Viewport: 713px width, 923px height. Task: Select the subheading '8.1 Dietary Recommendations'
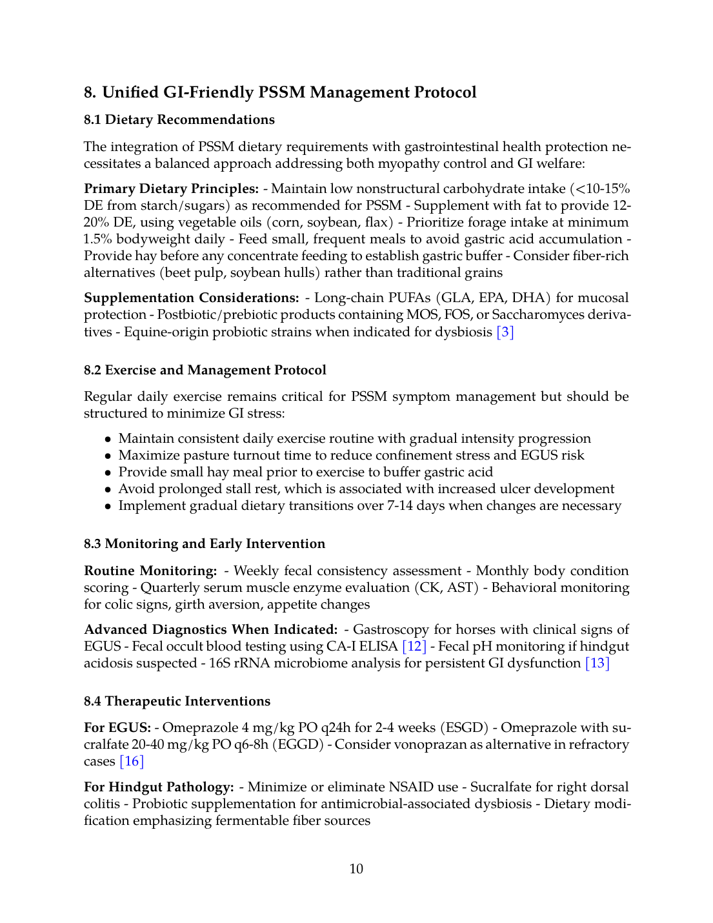[x=179, y=120]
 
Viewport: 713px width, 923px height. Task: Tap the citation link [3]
[x=505, y=332]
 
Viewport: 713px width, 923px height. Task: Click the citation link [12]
[x=414, y=646]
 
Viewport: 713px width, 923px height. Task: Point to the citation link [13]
[x=597, y=663]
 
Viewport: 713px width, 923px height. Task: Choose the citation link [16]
[x=132, y=761]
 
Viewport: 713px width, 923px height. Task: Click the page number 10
[x=356, y=869]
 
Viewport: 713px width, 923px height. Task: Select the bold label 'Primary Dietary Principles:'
[x=171, y=188]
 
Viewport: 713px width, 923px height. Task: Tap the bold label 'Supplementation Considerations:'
[x=191, y=298]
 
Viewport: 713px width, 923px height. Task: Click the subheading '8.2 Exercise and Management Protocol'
[x=205, y=370]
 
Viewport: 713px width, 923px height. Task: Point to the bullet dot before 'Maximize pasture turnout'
[x=108, y=456]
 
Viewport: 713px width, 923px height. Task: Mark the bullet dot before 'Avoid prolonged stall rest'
[x=108, y=489]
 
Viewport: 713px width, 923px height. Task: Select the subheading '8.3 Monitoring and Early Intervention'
[x=204, y=544]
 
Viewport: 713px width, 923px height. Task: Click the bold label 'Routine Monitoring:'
[x=150, y=571]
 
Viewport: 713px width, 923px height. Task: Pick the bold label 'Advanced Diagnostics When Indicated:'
[x=210, y=629]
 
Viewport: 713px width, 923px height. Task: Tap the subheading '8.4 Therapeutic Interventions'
[x=177, y=702]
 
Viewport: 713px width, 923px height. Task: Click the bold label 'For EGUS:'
[x=117, y=727]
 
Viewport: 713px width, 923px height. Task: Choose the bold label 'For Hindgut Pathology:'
[x=159, y=787]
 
